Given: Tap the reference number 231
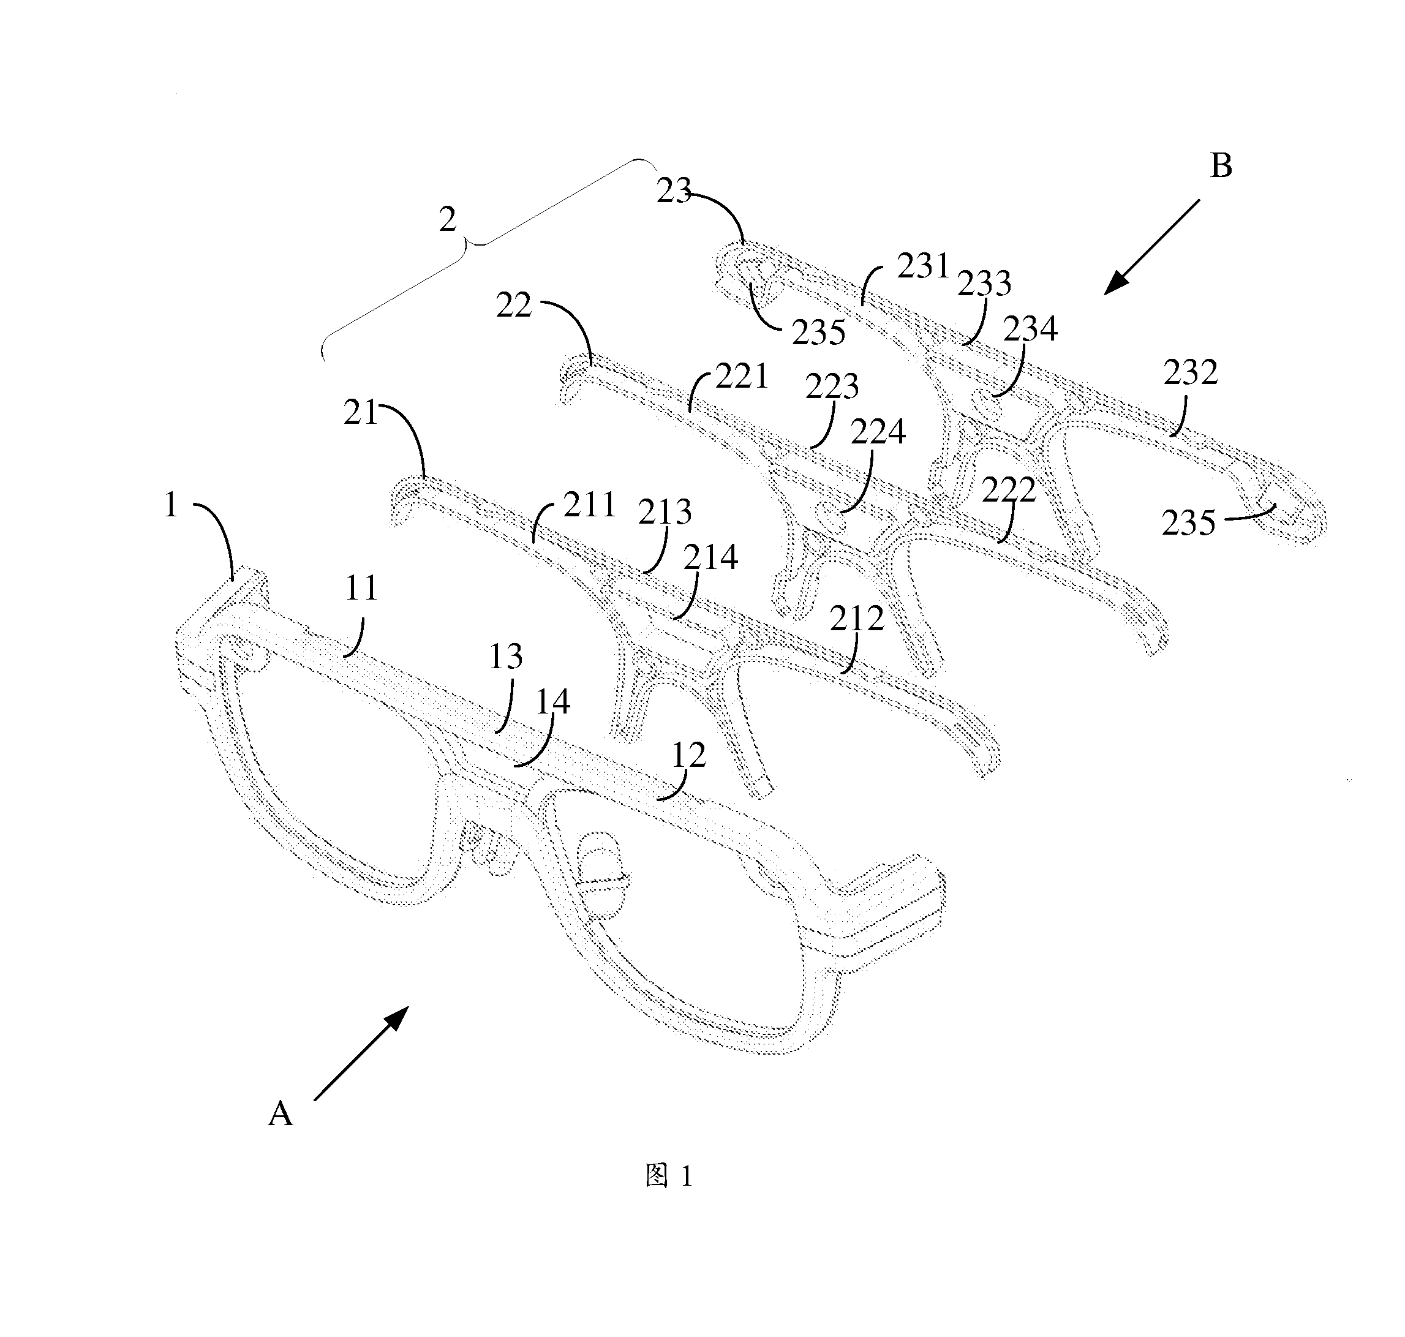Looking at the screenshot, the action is coord(924,266).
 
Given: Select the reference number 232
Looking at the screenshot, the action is coord(1191,372).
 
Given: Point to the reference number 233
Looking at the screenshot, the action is coord(984,283).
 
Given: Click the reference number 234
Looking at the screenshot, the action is coord(1030,328).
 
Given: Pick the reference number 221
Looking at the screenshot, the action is coord(742,375).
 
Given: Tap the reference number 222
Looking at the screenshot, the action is coord(1009,489).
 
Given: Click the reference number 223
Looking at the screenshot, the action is coord(832,386).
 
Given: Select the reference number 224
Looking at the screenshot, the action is coord(878,431).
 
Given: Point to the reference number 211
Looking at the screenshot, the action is coord(590,505).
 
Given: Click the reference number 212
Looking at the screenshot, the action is coord(857,619).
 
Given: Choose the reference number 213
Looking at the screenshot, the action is coord(665,511).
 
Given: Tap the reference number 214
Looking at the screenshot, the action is coord(710,557).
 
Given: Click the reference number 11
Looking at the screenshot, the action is coord(361,589).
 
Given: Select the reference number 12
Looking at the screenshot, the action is coord(688,755).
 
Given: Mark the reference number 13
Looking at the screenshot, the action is coord(506,657).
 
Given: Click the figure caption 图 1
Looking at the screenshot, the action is coord(669,1176).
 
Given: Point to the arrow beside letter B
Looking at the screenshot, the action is coord(1152,247).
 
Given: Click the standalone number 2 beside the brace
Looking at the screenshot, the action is coord(448,220).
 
